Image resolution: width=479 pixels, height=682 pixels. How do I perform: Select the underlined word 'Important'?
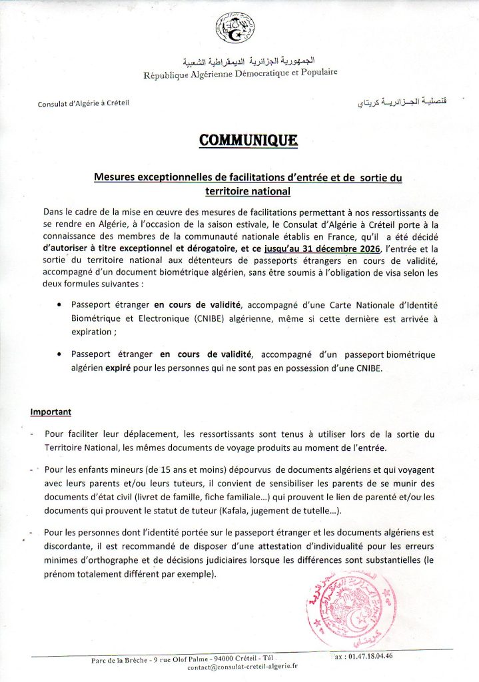pos(51,412)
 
